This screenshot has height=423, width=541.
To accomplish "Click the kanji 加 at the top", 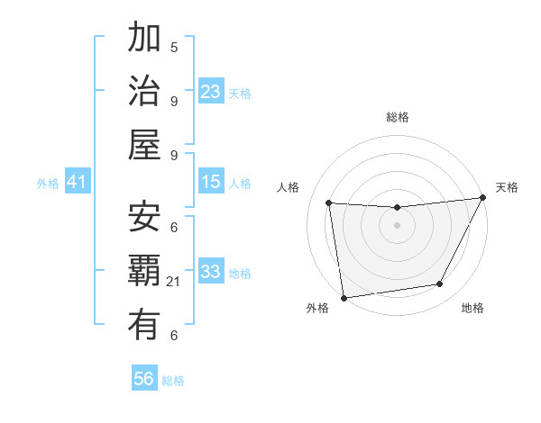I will (x=144, y=39).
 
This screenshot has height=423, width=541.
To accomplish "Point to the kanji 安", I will (x=144, y=217).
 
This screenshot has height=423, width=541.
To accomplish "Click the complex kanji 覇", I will (x=144, y=271).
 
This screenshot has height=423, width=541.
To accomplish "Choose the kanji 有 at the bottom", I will (x=144, y=325).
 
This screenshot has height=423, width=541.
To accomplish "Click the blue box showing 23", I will (x=211, y=91).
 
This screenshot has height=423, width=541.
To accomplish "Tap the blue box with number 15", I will (x=211, y=182).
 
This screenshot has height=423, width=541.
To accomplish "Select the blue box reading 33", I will (x=211, y=272).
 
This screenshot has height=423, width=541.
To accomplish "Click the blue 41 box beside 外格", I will (x=77, y=182).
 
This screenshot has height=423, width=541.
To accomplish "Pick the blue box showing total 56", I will (x=144, y=379).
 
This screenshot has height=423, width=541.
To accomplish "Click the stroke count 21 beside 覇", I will (x=173, y=282).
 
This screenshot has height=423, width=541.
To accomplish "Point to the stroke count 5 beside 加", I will (x=174, y=47).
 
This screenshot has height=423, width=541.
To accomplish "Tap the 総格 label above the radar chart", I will (x=397, y=117).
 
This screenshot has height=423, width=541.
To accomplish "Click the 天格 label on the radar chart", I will (x=507, y=187).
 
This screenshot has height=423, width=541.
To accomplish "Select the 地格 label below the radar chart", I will (x=472, y=308).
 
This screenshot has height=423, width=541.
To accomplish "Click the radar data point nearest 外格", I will (x=344, y=297).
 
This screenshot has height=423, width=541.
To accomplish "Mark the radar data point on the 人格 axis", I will (x=329, y=203).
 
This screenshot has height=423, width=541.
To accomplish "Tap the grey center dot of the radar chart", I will (x=397, y=225).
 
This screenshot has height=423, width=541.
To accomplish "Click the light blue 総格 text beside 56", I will (x=173, y=381).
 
